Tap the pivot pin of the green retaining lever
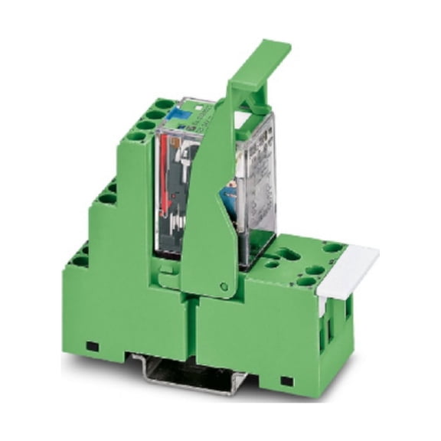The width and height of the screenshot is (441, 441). (x=223, y=286)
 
